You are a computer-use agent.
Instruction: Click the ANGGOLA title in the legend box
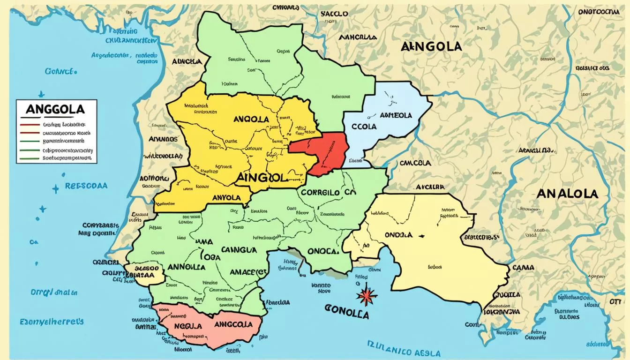coord(55,109)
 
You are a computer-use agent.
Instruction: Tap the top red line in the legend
coord(30,125)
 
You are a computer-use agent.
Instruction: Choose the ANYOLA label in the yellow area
coord(226,198)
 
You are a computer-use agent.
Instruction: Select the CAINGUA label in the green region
coord(239,250)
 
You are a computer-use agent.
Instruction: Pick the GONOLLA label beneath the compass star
coord(345,313)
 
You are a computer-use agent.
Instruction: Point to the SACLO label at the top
coord(334,14)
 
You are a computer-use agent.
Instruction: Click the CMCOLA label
coord(415,163)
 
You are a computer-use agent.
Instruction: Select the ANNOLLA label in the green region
coord(186,267)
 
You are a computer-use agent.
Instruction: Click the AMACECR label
coord(249,272)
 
